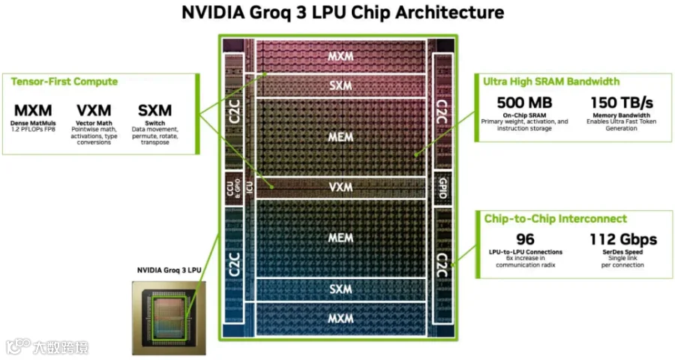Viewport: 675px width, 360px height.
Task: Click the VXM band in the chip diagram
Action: coord(340,187)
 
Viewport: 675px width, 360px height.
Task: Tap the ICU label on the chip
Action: coord(249,187)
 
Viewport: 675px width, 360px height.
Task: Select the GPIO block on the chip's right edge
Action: coord(442,187)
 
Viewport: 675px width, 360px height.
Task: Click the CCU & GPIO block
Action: coord(234,188)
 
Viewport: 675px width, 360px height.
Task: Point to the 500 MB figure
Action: coord(524,103)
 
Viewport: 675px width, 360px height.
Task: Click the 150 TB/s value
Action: coord(622,103)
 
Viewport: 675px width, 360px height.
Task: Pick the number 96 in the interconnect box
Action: coord(525,239)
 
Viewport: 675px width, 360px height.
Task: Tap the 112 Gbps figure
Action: coord(623,239)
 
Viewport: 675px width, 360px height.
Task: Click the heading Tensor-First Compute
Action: coord(64,82)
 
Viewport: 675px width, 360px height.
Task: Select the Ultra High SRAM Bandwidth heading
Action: coord(551,82)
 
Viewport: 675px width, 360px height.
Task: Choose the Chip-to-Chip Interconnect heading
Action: coord(555,219)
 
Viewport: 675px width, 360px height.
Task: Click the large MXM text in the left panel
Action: coord(33,110)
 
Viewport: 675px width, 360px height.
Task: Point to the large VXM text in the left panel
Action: coord(94,110)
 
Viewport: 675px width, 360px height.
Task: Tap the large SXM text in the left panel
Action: coord(154,110)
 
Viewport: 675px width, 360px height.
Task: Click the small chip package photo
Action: coord(169,318)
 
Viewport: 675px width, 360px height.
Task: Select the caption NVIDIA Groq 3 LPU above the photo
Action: coord(169,271)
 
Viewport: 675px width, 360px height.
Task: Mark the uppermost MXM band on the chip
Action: coord(340,56)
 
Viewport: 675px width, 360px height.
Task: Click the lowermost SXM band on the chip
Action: coord(340,289)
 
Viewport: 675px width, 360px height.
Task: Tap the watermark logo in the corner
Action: coord(47,347)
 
